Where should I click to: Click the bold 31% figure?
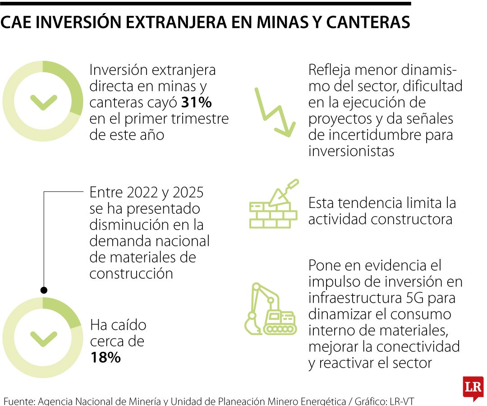pos(197,103)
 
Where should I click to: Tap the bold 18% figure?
pos(106,358)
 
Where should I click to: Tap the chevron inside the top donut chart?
pos(43,102)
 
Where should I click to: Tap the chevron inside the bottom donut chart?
pos(43,338)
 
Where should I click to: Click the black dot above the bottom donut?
pos(44,291)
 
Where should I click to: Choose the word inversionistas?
pos(351,151)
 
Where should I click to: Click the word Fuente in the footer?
pos(18,401)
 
